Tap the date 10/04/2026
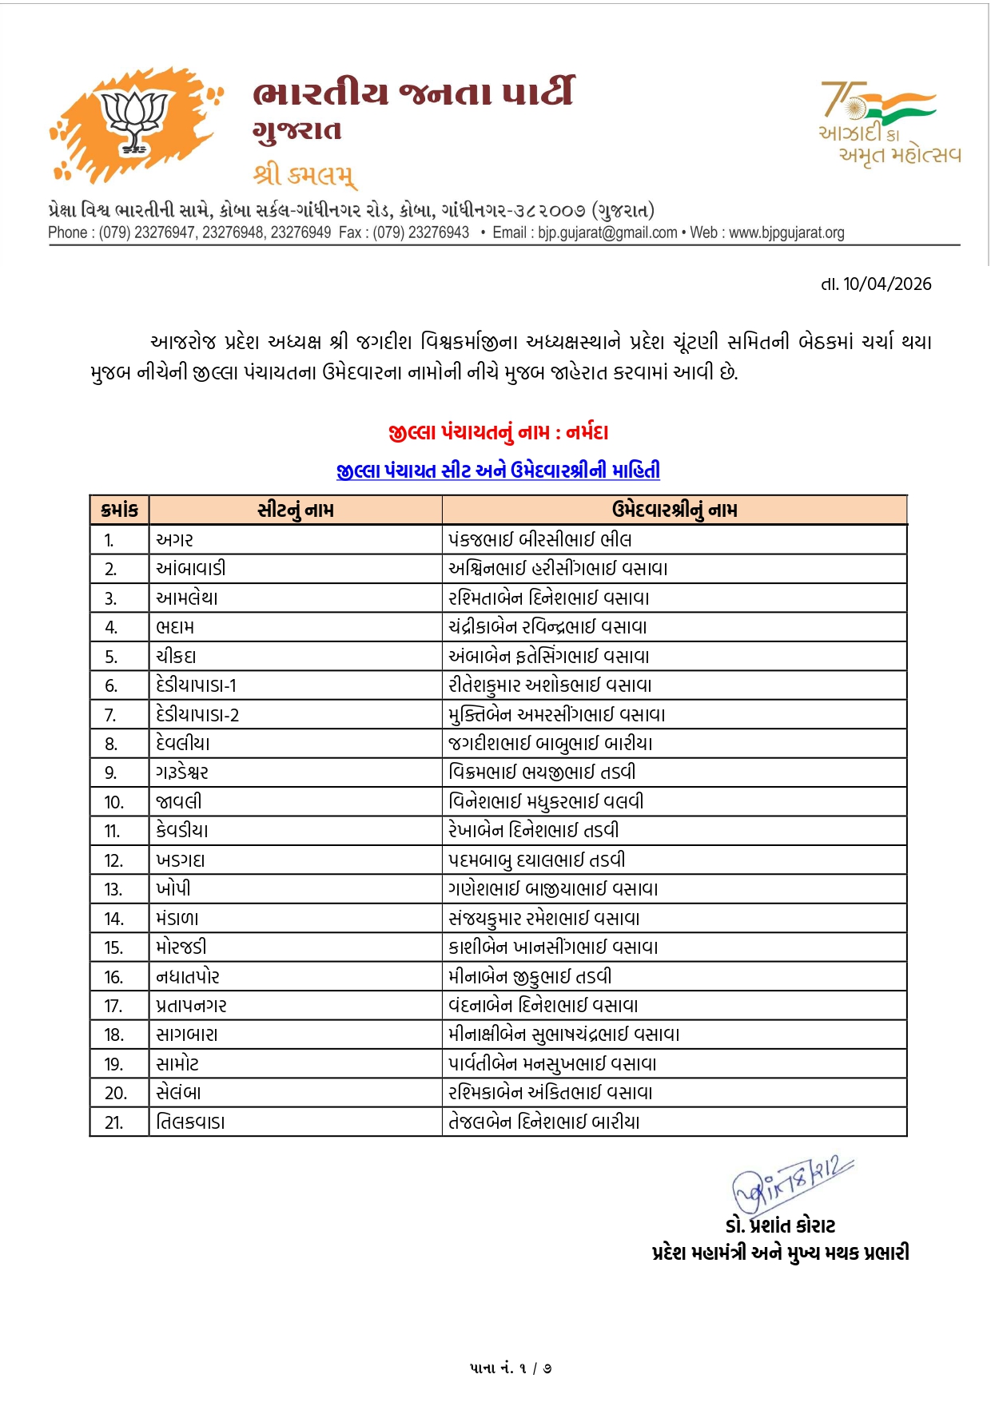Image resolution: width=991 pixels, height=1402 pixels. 886,284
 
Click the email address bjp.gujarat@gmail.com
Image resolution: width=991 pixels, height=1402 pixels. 607,233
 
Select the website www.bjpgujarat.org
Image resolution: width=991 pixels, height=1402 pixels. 786,233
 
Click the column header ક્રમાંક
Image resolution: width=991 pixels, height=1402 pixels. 120,510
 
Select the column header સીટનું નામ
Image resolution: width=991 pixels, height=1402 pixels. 295,510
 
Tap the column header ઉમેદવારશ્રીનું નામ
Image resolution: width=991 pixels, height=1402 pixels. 674,510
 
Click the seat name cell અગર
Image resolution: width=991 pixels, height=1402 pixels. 175,540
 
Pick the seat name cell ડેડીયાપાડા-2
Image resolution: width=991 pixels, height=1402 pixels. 197,715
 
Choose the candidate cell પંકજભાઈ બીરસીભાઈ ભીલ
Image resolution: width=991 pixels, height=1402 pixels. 539,540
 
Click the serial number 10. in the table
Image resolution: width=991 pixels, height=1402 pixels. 114,802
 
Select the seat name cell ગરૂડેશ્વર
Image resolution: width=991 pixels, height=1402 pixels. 182,772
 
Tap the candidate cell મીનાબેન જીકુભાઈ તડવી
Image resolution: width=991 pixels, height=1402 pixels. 530,977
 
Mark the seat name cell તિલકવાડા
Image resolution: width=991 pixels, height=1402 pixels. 190,1122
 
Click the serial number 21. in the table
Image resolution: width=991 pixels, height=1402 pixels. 114,1122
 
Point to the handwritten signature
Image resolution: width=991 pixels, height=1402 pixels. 791,1182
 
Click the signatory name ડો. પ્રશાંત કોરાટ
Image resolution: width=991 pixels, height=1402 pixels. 780,1226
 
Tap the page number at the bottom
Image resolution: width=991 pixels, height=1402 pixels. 511,1368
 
